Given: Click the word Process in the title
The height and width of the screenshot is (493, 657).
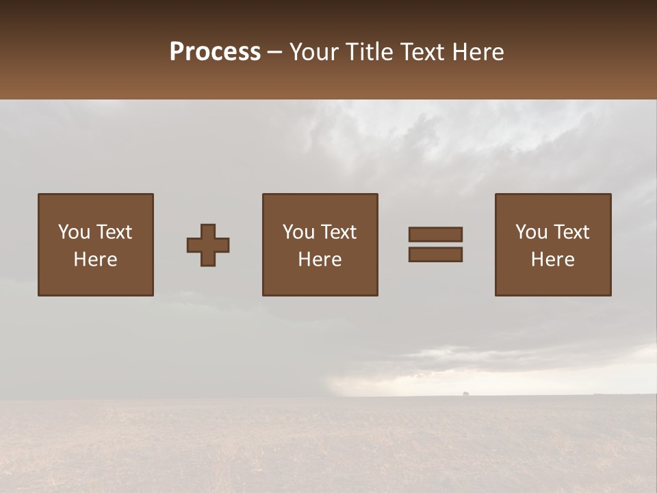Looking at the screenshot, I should click(215, 52).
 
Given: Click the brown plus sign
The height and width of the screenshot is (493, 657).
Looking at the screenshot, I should click(208, 245).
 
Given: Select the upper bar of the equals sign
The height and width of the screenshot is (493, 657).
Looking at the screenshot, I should click(435, 234).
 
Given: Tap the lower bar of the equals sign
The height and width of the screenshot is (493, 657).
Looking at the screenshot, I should click(435, 254).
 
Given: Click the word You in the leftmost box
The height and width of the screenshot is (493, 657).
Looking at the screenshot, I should click(74, 232).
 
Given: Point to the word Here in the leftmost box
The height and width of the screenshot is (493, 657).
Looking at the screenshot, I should click(96, 260).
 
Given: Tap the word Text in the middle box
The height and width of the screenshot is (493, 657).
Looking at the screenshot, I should click(339, 232).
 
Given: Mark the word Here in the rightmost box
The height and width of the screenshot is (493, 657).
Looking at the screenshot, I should click(553, 260).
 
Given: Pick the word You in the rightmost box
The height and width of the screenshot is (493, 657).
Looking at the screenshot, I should click(531, 232).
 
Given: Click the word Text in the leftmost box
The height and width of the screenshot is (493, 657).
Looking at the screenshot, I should click(114, 232).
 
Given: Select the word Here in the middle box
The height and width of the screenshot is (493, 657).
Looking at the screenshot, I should click(320, 260).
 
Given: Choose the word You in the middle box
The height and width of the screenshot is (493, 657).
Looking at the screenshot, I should click(298, 232).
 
